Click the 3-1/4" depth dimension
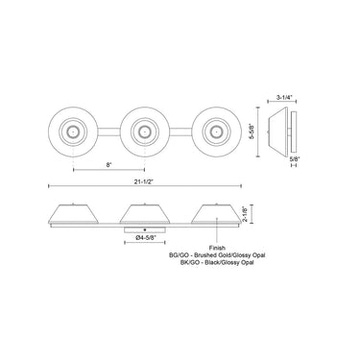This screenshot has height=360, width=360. (x=284, y=97)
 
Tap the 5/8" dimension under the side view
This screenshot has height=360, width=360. (x=290, y=158)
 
